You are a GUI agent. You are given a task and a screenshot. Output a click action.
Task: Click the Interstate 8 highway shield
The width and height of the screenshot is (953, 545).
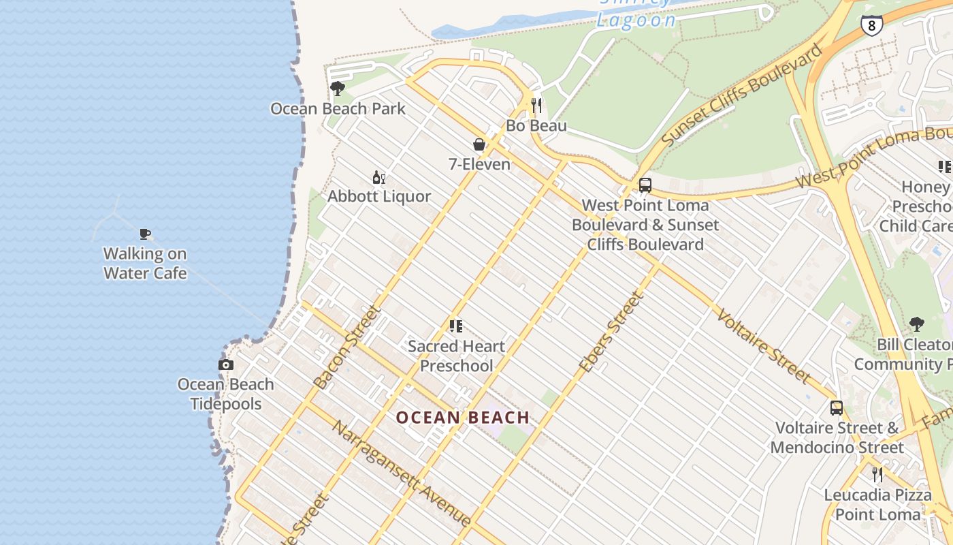click(871, 25)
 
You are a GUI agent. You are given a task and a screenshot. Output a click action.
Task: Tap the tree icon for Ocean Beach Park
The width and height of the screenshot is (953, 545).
click(337, 89)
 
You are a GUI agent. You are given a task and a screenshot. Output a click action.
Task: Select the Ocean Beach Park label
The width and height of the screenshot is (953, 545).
click(338, 108)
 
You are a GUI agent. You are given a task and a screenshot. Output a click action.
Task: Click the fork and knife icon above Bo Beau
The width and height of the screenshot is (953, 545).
click(536, 106)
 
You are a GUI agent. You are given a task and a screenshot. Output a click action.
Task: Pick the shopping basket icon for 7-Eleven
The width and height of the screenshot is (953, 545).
click(479, 144)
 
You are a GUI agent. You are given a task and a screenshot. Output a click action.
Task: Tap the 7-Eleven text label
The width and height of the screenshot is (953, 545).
click(479, 164)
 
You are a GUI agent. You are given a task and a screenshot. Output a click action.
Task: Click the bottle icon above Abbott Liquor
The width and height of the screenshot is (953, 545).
click(379, 178)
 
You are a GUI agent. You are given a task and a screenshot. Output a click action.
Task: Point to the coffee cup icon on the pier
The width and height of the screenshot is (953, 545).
click(144, 234)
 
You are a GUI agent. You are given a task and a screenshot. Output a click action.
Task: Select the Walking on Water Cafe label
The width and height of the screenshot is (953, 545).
click(145, 263)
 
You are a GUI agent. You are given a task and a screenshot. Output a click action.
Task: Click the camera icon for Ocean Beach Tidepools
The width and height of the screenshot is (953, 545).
click(226, 365)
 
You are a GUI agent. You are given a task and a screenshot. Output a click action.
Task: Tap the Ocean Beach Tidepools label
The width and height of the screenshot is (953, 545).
click(226, 394)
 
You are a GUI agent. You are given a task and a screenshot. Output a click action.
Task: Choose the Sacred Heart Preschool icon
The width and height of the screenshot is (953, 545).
click(456, 326)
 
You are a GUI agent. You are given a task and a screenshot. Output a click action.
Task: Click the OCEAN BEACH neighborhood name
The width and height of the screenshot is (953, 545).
click(463, 418)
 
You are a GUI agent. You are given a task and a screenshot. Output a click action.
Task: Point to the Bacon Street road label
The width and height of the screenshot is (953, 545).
click(346, 347)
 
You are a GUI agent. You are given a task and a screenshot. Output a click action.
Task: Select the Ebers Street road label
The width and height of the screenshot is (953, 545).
click(611, 332)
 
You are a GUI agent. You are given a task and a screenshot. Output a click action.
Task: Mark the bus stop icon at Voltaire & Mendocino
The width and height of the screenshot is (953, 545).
click(836, 408)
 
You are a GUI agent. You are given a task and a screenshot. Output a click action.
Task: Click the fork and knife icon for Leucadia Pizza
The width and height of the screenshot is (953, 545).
click(877, 474)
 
